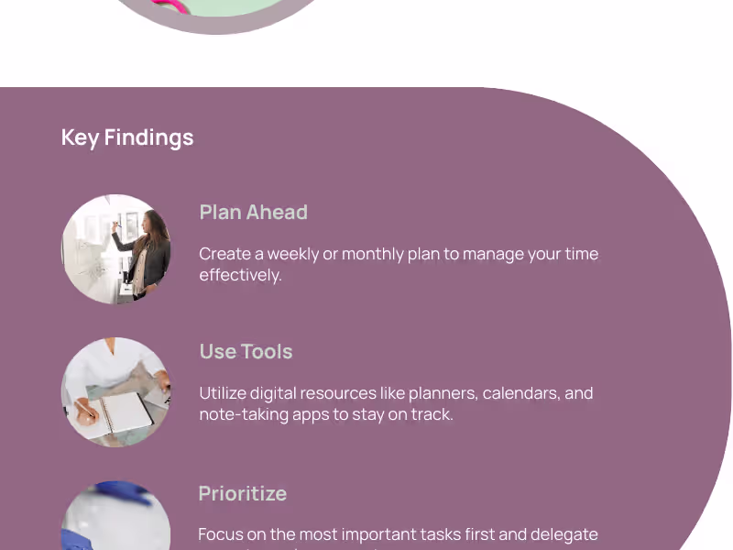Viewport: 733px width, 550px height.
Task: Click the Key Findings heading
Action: [127, 137]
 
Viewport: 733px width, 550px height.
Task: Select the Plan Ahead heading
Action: [253, 212]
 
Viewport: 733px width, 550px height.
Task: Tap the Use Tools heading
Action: [246, 351]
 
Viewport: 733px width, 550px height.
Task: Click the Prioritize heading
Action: [243, 493]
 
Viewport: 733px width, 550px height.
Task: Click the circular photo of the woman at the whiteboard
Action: [116, 249]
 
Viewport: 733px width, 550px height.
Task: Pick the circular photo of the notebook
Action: [116, 392]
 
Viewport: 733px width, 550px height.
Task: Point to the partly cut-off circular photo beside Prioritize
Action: [116, 517]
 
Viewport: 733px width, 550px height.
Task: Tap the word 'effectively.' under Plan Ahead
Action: [240, 275]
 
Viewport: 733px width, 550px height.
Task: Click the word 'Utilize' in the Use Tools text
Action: [224, 393]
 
